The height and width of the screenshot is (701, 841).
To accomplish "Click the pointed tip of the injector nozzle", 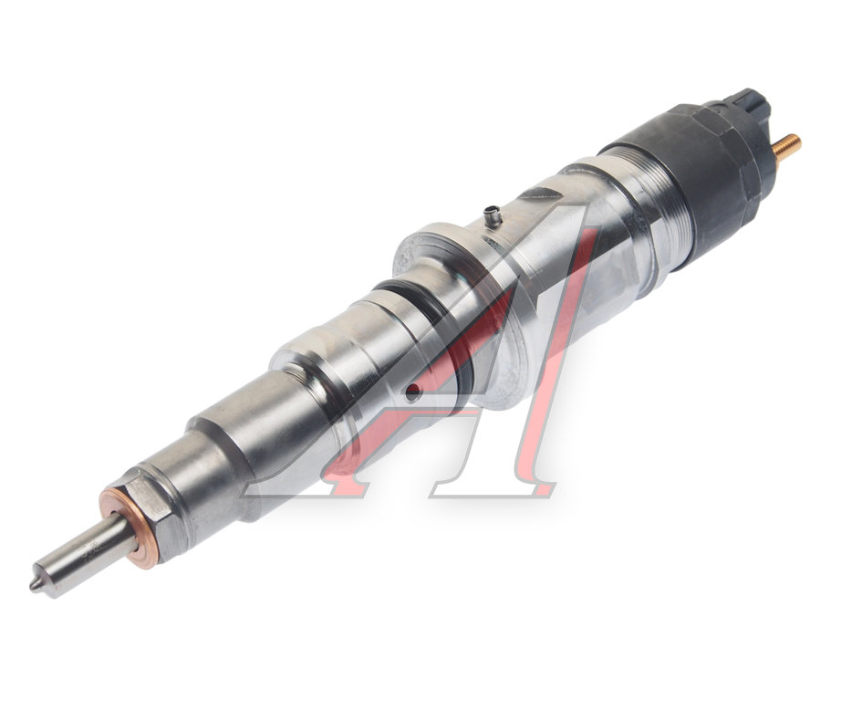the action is pyautogui.click(x=32, y=586).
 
